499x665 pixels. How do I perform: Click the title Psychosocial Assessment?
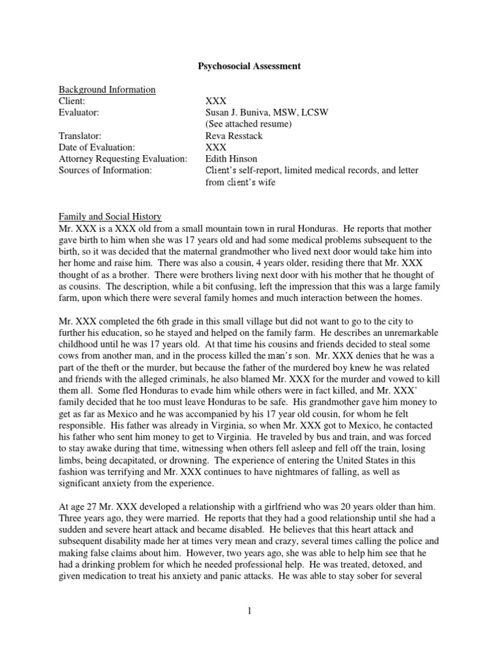click(249, 66)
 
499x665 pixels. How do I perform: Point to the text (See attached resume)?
click(248, 124)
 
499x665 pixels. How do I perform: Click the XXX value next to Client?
click(216, 101)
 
